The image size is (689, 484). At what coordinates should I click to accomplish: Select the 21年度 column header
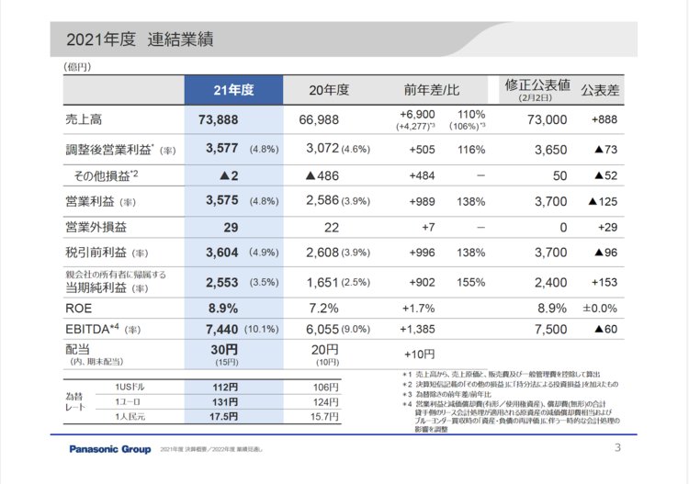[232, 90]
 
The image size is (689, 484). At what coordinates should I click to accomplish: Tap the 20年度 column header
[330, 90]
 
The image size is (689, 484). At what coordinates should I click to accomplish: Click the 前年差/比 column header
[431, 90]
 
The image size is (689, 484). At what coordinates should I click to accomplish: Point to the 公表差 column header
[601, 90]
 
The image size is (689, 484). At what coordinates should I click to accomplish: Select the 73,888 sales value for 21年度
[219, 120]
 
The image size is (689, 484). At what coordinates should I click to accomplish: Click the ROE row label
[79, 309]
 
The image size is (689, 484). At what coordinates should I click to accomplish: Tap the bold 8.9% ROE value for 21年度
[223, 309]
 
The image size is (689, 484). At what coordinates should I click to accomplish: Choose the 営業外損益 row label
[96, 227]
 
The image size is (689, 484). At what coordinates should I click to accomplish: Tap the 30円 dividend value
[224, 349]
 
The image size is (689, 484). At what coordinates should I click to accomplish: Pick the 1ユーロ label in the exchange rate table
[129, 402]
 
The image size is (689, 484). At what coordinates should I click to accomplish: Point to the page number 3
[617, 448]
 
